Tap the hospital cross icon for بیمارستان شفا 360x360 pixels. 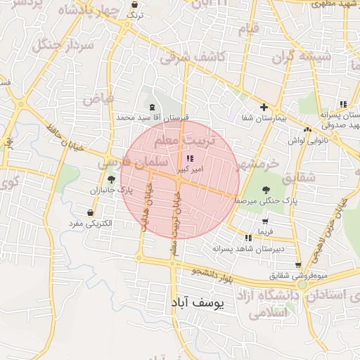pos(264,108)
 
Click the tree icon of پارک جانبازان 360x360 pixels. pos(110,180)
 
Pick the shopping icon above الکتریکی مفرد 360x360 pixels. pos(91,212)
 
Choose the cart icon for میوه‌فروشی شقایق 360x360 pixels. pos(299,265)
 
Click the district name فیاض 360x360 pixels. pos(98,98)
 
